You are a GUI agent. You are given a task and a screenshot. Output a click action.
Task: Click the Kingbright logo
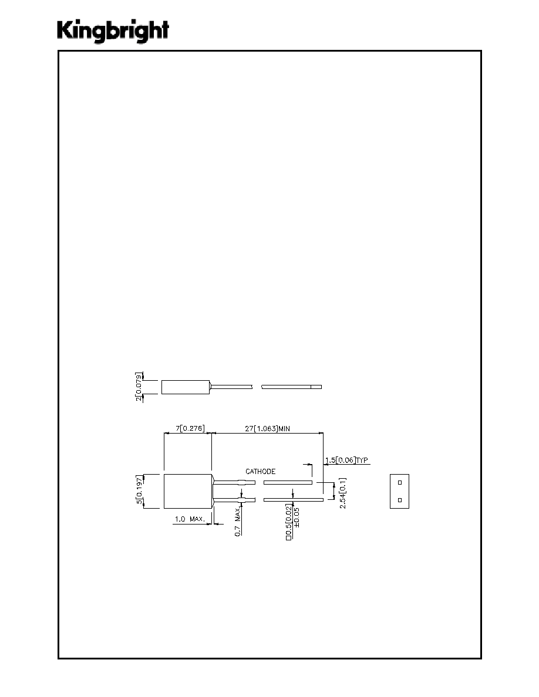pos(113,31)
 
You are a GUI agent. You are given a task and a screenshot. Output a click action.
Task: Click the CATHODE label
pos(261,471)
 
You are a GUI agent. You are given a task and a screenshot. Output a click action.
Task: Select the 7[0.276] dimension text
pos(190,428)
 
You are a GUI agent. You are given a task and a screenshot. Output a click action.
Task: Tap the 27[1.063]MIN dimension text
pos(267,428)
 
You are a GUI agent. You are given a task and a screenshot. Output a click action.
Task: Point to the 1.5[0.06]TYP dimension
pos(346,460)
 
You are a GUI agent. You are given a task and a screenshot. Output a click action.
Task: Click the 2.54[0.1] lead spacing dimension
pos(342,493)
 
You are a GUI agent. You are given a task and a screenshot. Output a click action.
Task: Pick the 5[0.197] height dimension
pos(140,490)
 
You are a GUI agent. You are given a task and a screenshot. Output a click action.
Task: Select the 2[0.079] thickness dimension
pos(140,387)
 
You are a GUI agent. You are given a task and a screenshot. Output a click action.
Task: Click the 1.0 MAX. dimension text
pos(190,519)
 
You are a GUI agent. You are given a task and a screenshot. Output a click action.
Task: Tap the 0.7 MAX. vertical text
pos(237,522)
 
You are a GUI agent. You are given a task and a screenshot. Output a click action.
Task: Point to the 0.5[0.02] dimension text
pos(289,522)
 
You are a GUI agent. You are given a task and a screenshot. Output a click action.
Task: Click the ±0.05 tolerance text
pos(297,517)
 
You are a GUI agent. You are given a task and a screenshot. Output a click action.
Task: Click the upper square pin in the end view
pos(400,482)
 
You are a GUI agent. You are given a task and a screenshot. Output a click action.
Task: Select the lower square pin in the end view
pos(400,500)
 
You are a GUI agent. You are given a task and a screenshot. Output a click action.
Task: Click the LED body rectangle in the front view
pos(188,491)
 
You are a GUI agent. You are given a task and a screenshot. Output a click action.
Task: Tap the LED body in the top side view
pos(186,387)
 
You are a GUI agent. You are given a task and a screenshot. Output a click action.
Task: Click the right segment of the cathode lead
pos(288,482)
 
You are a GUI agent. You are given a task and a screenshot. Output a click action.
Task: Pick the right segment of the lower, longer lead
pos(294,500)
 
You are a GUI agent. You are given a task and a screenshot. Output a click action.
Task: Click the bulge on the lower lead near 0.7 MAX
pos(241,500)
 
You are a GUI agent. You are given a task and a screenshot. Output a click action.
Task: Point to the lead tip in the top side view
pos(316,387)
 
